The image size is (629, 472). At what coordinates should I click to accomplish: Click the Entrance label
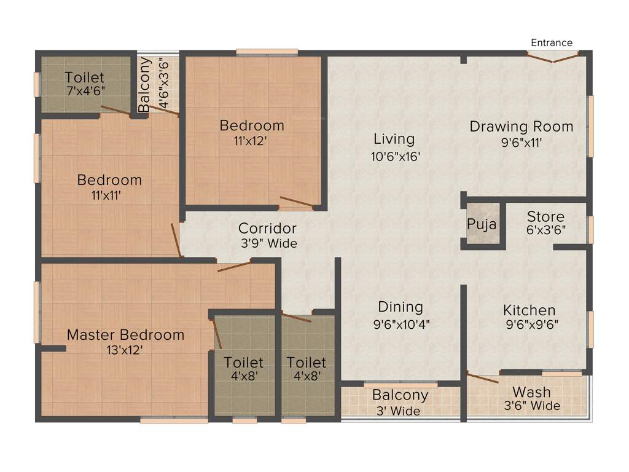coord(552,42)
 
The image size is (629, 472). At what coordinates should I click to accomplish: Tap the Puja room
coord(482,224)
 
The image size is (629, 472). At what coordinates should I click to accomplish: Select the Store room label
coord(545,217)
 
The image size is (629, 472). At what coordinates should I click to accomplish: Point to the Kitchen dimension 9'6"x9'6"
coord(531,325)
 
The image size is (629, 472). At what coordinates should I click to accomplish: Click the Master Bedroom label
coord(125,335)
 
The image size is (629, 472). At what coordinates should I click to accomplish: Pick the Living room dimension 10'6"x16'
coord(394,156)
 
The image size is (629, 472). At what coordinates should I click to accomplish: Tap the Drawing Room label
coord(522,127)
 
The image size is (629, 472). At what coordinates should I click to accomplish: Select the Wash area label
coord(531,392)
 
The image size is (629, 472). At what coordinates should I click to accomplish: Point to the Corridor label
coord(267,229)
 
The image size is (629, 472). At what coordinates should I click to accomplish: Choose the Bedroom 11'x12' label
coord(252,125)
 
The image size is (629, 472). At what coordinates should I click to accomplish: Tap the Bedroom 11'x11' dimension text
coord(109,196)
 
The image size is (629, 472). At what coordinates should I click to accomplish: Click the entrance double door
coord(553,57)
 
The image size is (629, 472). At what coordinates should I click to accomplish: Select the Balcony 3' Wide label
coord(400,395)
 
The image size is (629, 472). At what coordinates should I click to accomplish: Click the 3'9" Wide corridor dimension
coord(268,243)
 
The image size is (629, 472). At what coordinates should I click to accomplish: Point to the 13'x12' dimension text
coord(125,350)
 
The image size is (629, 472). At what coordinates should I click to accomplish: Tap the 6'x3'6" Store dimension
coord(545,230)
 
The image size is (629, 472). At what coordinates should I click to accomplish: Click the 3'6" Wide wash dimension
coord(532,406)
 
